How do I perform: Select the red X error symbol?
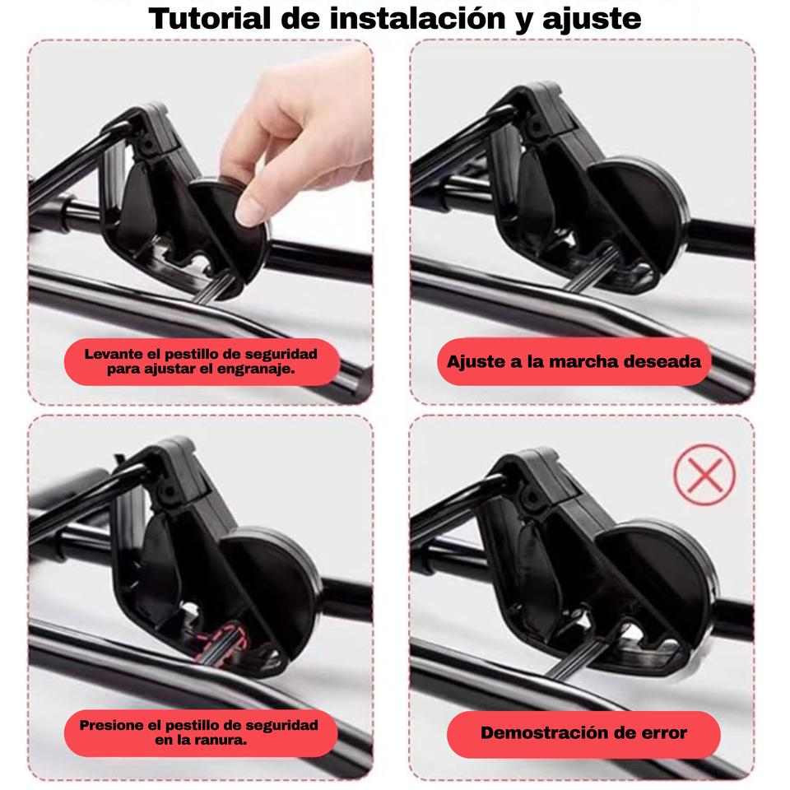click(704, 475)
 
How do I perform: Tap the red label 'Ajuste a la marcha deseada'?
click(574, 361)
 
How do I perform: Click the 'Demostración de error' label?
click(583, 733)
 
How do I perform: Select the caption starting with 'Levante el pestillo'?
click(201, 361)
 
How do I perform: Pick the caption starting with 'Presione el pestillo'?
click(199, 732)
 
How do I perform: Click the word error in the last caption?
click(662, 733)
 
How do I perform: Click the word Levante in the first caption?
click(112, 354)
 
